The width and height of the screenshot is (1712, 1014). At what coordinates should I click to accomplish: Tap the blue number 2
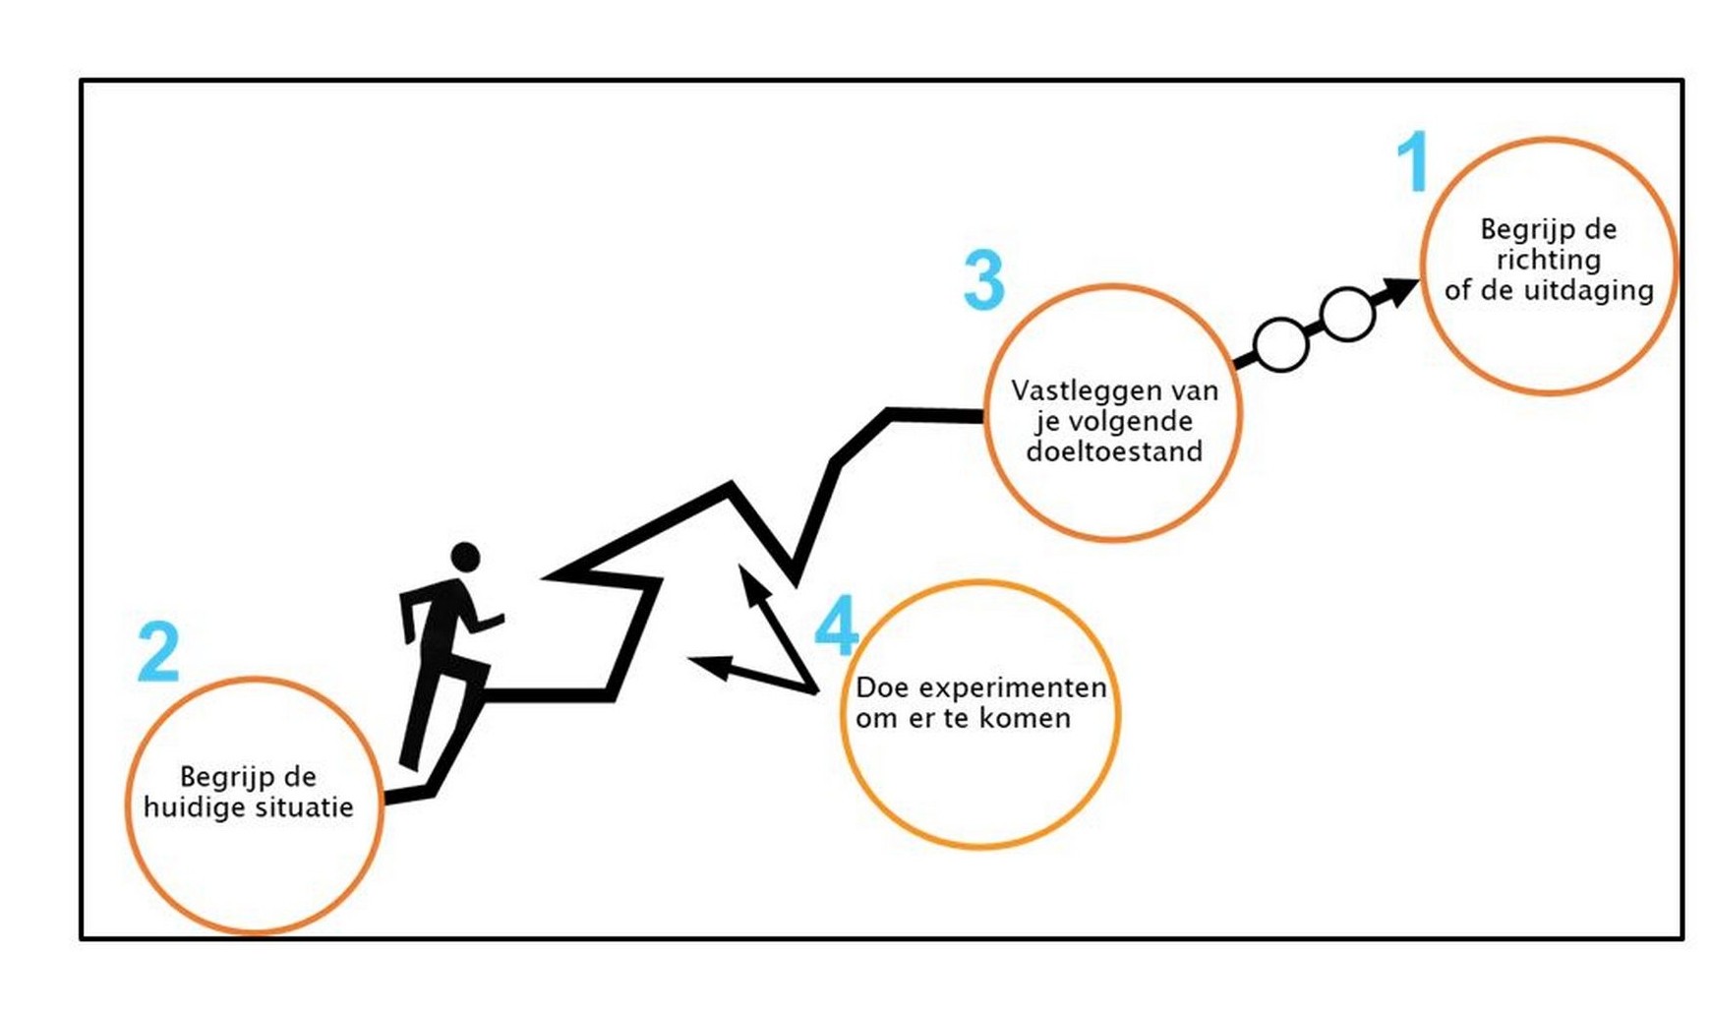click(158, 651)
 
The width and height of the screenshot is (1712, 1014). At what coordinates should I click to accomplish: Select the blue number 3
click(983, 280)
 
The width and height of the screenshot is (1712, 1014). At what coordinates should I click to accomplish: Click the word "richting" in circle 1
click(1548, 261)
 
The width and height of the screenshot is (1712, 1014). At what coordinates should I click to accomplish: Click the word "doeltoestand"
click(1114, 451)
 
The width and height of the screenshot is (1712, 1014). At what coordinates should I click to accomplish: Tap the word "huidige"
click(190, 807)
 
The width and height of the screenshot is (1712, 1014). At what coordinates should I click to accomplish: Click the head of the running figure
click(465, 557)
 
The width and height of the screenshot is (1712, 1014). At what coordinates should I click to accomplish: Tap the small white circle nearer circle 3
click(1280, 345)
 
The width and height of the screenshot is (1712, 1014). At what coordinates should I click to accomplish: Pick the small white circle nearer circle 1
click(1346, 315)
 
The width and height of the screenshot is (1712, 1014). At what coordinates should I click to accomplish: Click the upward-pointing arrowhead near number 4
click(751, 582)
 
